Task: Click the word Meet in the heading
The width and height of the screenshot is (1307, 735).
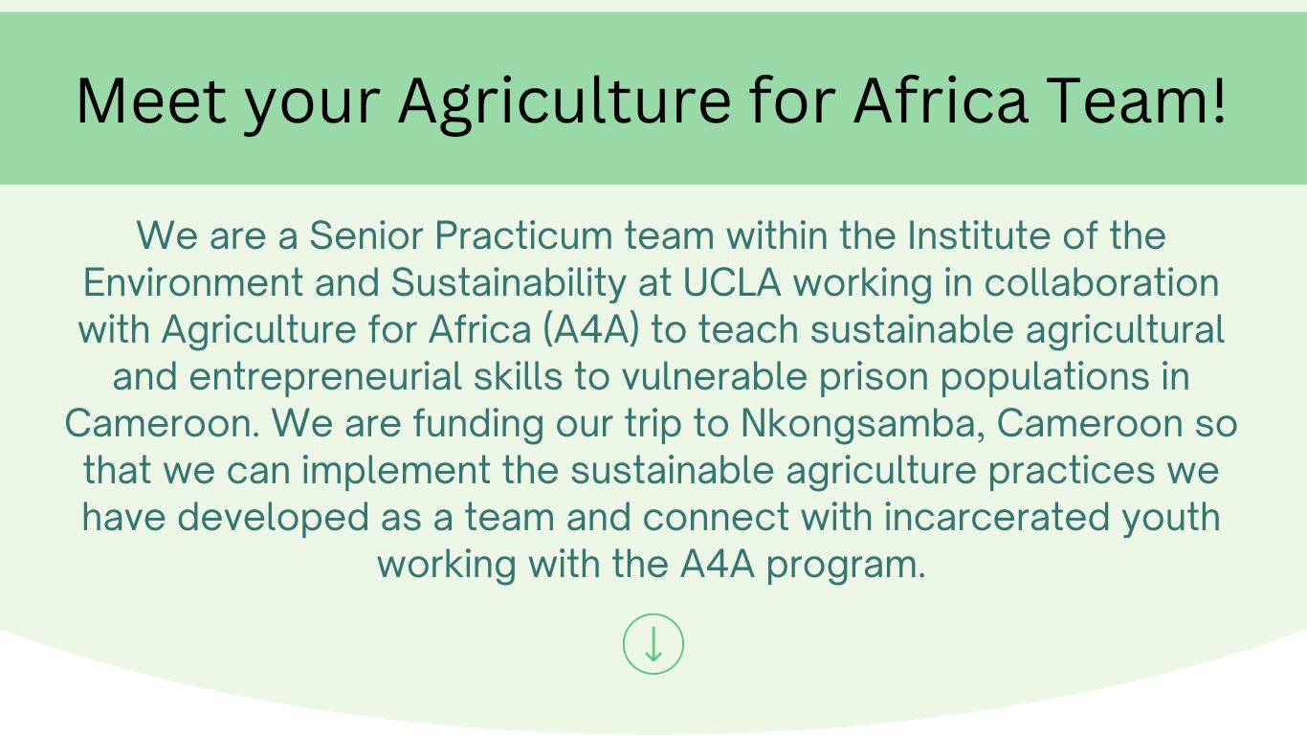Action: point(151,101)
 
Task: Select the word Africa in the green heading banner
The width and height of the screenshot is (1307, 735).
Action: point(940,100)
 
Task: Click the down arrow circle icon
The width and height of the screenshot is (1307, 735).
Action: point(653,644)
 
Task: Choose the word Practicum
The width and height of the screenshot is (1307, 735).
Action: point(523,235)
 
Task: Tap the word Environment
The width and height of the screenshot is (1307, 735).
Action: point(193,282)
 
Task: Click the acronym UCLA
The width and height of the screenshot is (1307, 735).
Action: point(732,282)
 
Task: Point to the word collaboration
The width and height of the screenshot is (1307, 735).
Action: point(1101,282)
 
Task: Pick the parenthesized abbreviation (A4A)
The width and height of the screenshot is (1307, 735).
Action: point(591,330)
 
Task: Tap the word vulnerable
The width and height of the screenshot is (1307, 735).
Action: point(714,376)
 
